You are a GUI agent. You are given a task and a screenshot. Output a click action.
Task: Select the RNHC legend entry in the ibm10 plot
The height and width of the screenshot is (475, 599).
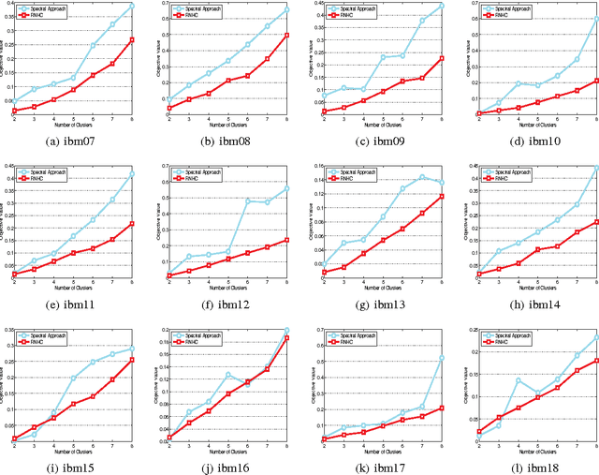click(487, 16)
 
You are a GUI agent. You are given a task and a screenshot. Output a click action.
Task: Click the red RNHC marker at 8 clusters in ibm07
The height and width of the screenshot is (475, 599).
click(132, 39)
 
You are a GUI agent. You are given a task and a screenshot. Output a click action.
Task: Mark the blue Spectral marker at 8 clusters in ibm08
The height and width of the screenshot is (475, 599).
click(286, 9)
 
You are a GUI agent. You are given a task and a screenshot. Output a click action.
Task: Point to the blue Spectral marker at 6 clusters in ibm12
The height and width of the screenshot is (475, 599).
click(249, 200)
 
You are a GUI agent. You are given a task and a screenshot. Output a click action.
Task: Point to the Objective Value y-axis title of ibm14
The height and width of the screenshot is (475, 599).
click(457, 222)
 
